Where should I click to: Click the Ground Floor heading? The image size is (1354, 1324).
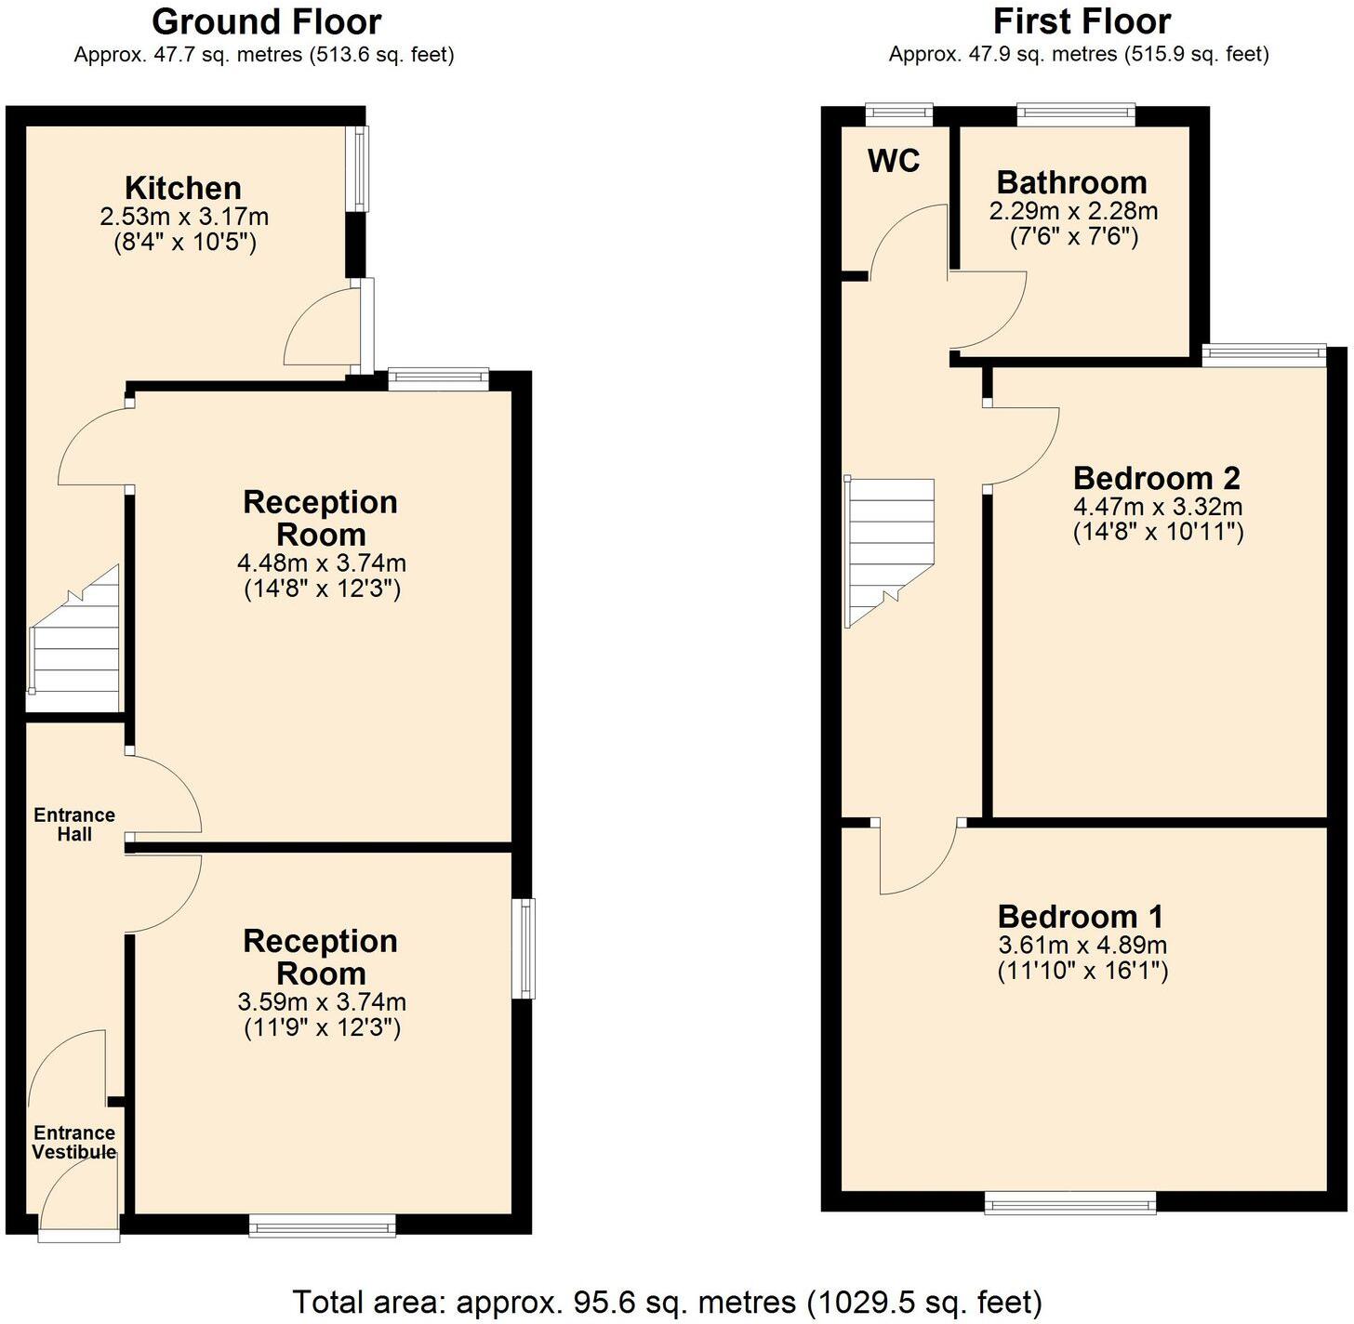coord(266,21)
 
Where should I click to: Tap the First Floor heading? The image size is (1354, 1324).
coord(1082,21)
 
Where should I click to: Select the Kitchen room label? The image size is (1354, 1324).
coord(183,188)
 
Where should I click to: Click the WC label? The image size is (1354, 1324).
coord(894,161)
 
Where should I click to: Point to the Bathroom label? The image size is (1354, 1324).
coord(1071,182)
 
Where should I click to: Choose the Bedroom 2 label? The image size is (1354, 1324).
coord(1156,478)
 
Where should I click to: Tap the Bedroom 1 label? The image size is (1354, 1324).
coord(1080,917)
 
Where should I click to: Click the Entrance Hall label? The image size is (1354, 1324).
coord(74,825)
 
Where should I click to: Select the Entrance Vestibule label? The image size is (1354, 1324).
coord(74,1143)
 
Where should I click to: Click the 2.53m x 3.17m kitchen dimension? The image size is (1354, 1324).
coord(184,218)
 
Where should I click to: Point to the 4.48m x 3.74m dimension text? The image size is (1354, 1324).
coord(322,563)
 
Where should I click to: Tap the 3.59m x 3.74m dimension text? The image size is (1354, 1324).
coord(322,1002)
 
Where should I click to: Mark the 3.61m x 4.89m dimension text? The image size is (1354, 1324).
coord(1082,946)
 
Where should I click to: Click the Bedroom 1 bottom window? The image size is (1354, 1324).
coord(1070,1204)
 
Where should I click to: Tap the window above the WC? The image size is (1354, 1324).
coord(898,113)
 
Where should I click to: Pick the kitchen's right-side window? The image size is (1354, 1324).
coord(359,168)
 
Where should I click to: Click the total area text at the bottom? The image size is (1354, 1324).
coord(667,1302)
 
